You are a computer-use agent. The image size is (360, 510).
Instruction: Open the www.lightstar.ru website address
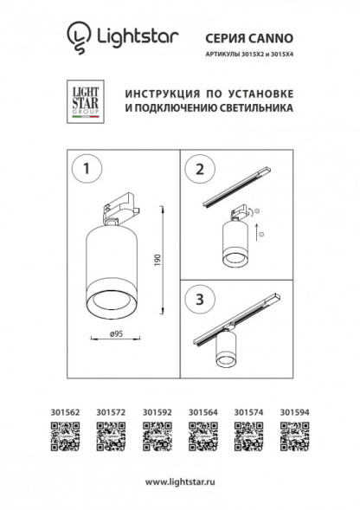point(180,481)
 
